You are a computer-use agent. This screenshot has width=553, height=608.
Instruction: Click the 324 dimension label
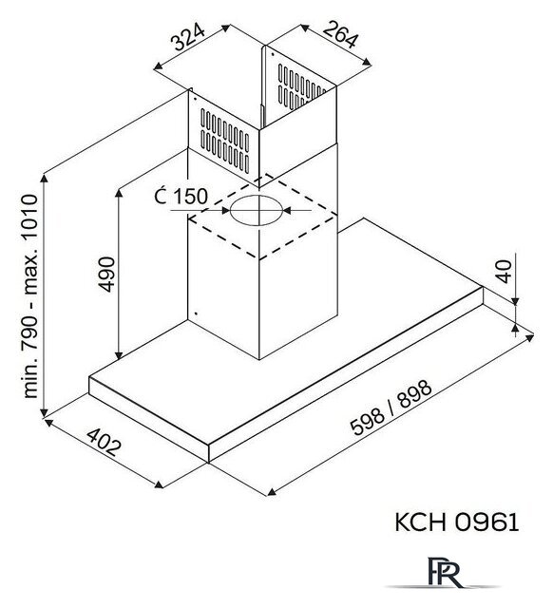pos(189,37)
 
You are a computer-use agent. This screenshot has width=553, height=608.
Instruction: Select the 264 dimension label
pos(339,34)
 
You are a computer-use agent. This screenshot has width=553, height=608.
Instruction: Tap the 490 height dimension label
pos(106,275)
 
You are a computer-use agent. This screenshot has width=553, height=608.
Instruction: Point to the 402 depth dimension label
pos(104,442)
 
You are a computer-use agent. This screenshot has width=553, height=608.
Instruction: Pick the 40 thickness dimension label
pos(505,272)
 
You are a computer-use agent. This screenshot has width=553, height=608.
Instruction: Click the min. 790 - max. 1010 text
pos(30,296)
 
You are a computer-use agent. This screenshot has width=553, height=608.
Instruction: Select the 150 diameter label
pos(181,197)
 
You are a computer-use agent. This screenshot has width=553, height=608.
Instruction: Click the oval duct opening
pos(257,210)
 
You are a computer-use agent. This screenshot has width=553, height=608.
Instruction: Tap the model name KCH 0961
pos(456,522)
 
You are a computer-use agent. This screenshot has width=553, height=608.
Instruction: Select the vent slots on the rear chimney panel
pos(300,87)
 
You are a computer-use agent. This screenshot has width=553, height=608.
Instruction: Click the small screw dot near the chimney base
pos(196,313)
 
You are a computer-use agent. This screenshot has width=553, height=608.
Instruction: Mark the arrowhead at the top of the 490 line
pos(119,193)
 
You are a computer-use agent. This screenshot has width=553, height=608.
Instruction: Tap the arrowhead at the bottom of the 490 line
pos(119,354)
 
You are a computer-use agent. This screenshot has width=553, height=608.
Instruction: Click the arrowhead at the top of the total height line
pos(45,179)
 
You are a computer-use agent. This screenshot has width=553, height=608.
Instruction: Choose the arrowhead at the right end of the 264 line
pos(367,61)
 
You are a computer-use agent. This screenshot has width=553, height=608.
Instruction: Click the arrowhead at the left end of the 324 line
pos(158,67)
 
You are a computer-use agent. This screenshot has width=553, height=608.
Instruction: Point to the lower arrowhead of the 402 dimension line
pos(159,485)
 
